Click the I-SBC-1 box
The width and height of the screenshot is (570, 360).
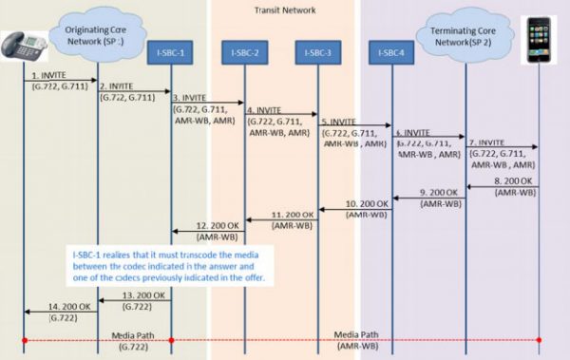[171, 49]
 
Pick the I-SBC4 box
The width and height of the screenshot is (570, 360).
[390, 49]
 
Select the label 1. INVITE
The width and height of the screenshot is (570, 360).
[47, 74]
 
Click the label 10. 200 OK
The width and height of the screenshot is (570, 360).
[365, 203]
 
